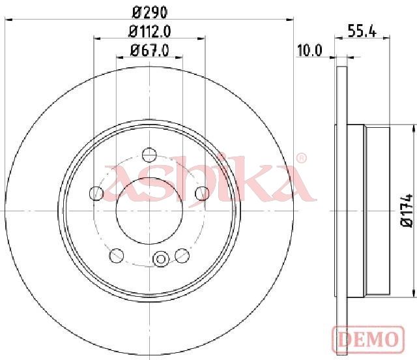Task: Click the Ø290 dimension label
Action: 150,12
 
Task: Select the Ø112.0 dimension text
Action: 149,32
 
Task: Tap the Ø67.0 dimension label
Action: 149,50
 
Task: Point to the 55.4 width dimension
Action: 362,31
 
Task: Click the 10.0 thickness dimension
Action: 309,51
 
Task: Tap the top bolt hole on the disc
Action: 149,155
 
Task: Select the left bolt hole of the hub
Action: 96,193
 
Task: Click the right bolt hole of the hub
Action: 202,193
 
